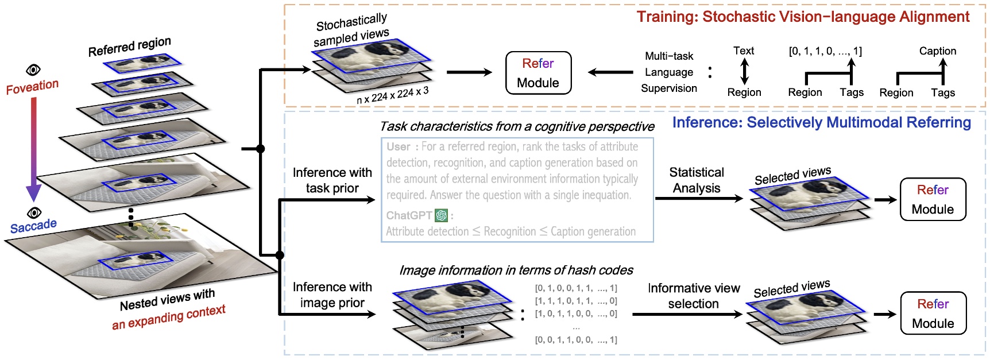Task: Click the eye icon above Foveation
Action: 33,70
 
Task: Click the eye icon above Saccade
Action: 34,213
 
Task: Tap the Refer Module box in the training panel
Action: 538,73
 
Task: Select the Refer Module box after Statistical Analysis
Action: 933,199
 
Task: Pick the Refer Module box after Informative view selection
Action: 933,313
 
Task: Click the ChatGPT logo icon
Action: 441,215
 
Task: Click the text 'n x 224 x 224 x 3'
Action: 392,95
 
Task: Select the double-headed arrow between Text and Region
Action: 744,72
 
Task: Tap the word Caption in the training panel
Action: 937,51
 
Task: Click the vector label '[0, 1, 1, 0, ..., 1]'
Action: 825,51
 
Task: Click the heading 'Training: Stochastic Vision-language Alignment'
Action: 803,17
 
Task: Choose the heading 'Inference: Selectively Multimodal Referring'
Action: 821,122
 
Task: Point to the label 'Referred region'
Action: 129,47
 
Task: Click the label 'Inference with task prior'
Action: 332,180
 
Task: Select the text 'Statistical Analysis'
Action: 696,180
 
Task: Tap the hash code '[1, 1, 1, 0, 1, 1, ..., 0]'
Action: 575,301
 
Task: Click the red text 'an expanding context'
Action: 168,318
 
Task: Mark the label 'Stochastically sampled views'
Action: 351,30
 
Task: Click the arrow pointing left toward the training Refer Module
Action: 610,72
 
